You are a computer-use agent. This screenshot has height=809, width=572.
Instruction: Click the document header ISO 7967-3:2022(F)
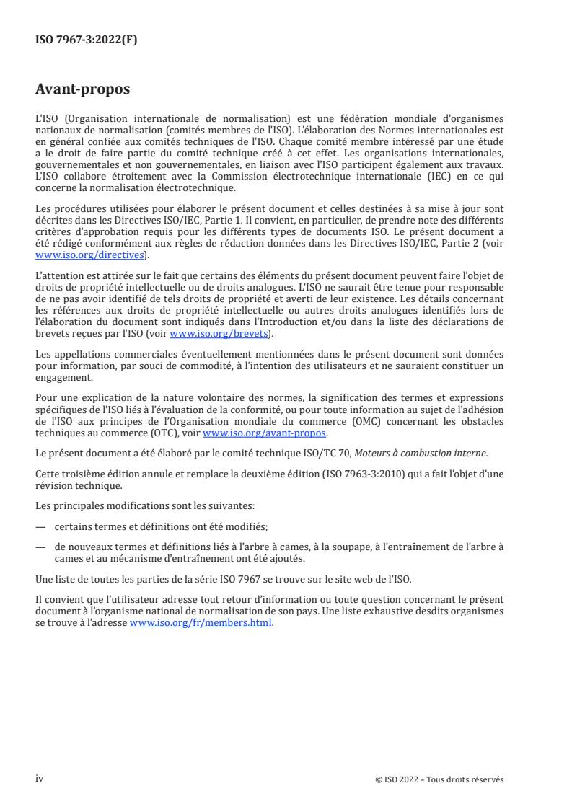point(86,40)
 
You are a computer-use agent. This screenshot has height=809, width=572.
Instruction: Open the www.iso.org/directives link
point(92,255)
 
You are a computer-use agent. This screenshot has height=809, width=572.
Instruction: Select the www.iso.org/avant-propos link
point(265,433)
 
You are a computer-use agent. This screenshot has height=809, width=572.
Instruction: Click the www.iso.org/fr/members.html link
point(201,624)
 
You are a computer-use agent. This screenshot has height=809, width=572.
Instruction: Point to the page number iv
point(40,779)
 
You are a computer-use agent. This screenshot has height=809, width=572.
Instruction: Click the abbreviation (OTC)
point(166,433)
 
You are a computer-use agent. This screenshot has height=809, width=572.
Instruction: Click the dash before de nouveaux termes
point(41,547)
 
